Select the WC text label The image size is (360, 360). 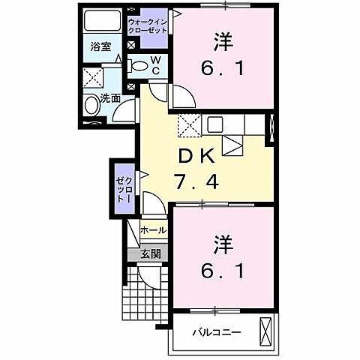[154, 66]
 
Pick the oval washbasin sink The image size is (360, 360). [92, 107]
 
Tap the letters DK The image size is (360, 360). [197, 157]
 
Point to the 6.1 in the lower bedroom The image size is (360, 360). [224, 268]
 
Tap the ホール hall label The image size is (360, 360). [154, 229]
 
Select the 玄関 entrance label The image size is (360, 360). [152, 253]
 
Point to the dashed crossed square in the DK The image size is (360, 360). [187, 125]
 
